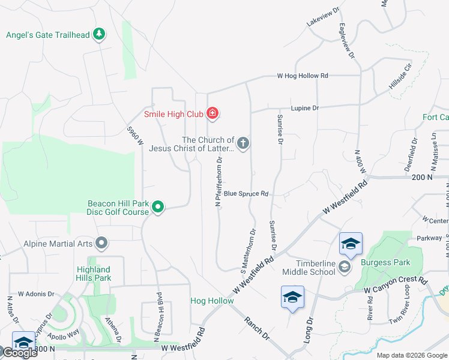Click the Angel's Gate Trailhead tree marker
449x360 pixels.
(99, 34)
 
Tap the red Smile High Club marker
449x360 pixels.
(212, 113)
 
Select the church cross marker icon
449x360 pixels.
(243, 143)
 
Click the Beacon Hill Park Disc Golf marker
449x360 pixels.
(158, 208)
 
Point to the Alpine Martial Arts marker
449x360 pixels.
(101, 243)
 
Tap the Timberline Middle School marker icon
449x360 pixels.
(345, 266)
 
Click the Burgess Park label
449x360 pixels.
(385, 262)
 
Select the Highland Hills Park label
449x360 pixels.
(94, 274)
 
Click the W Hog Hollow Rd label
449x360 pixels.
(303, 76)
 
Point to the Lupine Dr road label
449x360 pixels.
(304, 108)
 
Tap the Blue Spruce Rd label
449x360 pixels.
(246, 194)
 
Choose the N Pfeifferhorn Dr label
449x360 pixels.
(219, 181)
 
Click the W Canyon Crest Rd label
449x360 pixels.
(395, 286)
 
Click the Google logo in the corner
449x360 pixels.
(19, 352)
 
